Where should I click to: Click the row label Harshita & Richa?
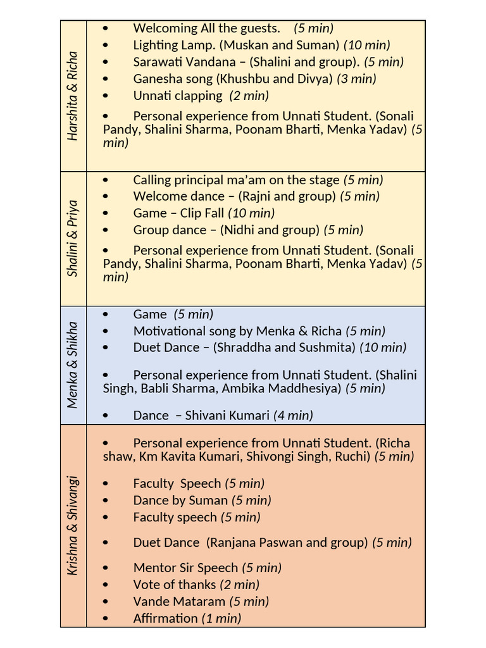pyautogui.click(x=73, y=96)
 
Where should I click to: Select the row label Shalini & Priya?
pyautogui.click(x=73, y=239)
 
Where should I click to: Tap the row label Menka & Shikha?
pyautogui.click(x=73, y=365)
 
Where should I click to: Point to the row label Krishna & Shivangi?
pyautogui.click(x=73, y=525)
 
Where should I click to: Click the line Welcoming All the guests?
pyautogui.click(x=206, y=28)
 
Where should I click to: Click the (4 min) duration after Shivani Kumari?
pyautogui.click(x=293, y=416)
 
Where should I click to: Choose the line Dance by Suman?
pyautogui.click(x=180, y=501)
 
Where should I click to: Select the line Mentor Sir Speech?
pyautogui.click(x=185, y=568)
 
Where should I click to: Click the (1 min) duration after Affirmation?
pyautogui.click(x=221, y=618)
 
